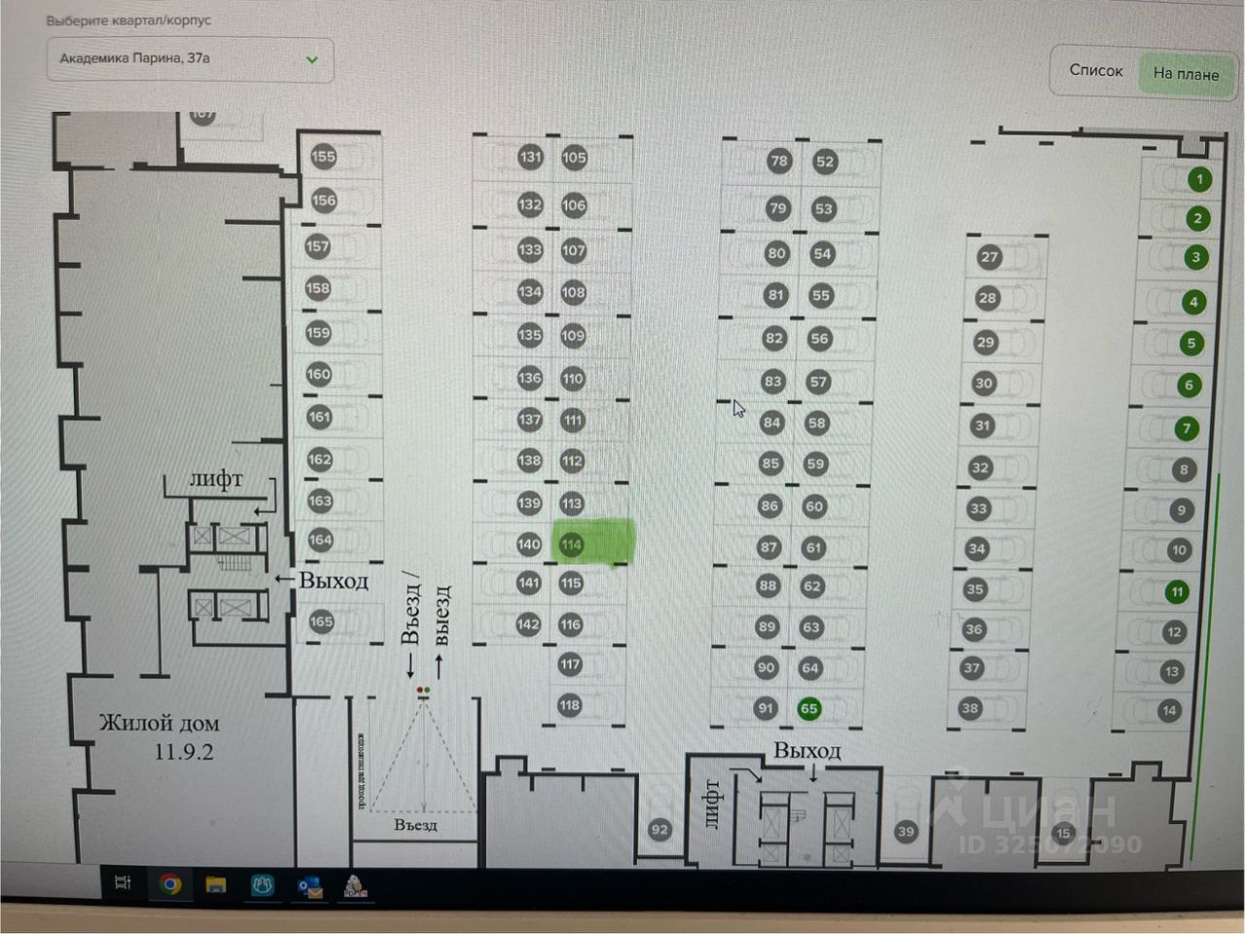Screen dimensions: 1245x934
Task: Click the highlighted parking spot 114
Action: [x=572, y=545]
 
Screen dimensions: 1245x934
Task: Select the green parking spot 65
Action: [x=808, y=708]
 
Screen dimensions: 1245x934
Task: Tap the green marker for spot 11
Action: [x=1177, y=592]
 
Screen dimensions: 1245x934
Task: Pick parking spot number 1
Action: [x=1199, y=179]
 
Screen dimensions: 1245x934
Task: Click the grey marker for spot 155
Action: [x=323, y=156]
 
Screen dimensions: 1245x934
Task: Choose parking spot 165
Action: [x=321, y=622]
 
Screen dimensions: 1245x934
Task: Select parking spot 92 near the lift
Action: [x=659, y=830]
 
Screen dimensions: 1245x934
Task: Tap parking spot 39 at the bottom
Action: [x=906, y=831]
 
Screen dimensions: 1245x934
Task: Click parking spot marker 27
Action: [x=989, y=257]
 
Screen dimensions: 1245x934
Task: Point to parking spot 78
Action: [x=779, y=162]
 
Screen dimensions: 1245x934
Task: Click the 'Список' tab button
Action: [x=1095, y=70]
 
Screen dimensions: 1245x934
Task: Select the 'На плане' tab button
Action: [x=1186, y=73]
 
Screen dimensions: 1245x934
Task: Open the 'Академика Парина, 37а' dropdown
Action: [x=190, y=59]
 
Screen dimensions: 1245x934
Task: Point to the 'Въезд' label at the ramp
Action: [x=415, y=825]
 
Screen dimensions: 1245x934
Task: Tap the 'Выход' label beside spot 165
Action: [x=333, y=581]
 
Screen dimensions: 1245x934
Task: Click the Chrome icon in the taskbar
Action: [x=170, y=883]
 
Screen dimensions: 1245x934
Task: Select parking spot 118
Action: [x=570, y=705]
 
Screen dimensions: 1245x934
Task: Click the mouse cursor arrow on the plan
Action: [x=738, y=409]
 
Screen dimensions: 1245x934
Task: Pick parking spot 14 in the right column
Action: [x=1169, y=711]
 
